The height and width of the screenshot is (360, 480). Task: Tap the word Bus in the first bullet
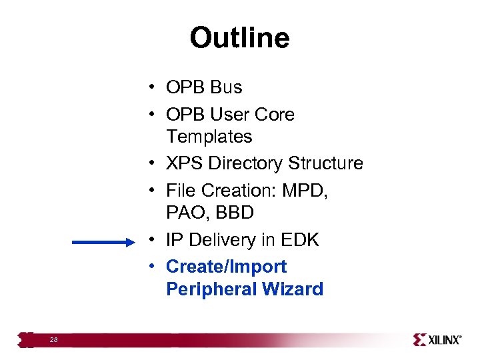pos(227,87)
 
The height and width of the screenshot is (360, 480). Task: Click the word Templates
pos(209,137)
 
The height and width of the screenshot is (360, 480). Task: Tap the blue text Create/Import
pos(226,267)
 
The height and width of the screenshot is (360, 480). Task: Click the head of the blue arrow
pos(129,243)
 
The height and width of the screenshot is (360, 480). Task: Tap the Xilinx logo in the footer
pos(437,339)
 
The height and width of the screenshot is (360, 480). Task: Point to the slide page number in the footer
pos(53,340)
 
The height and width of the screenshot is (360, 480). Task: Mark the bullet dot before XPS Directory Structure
pos(153,163)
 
